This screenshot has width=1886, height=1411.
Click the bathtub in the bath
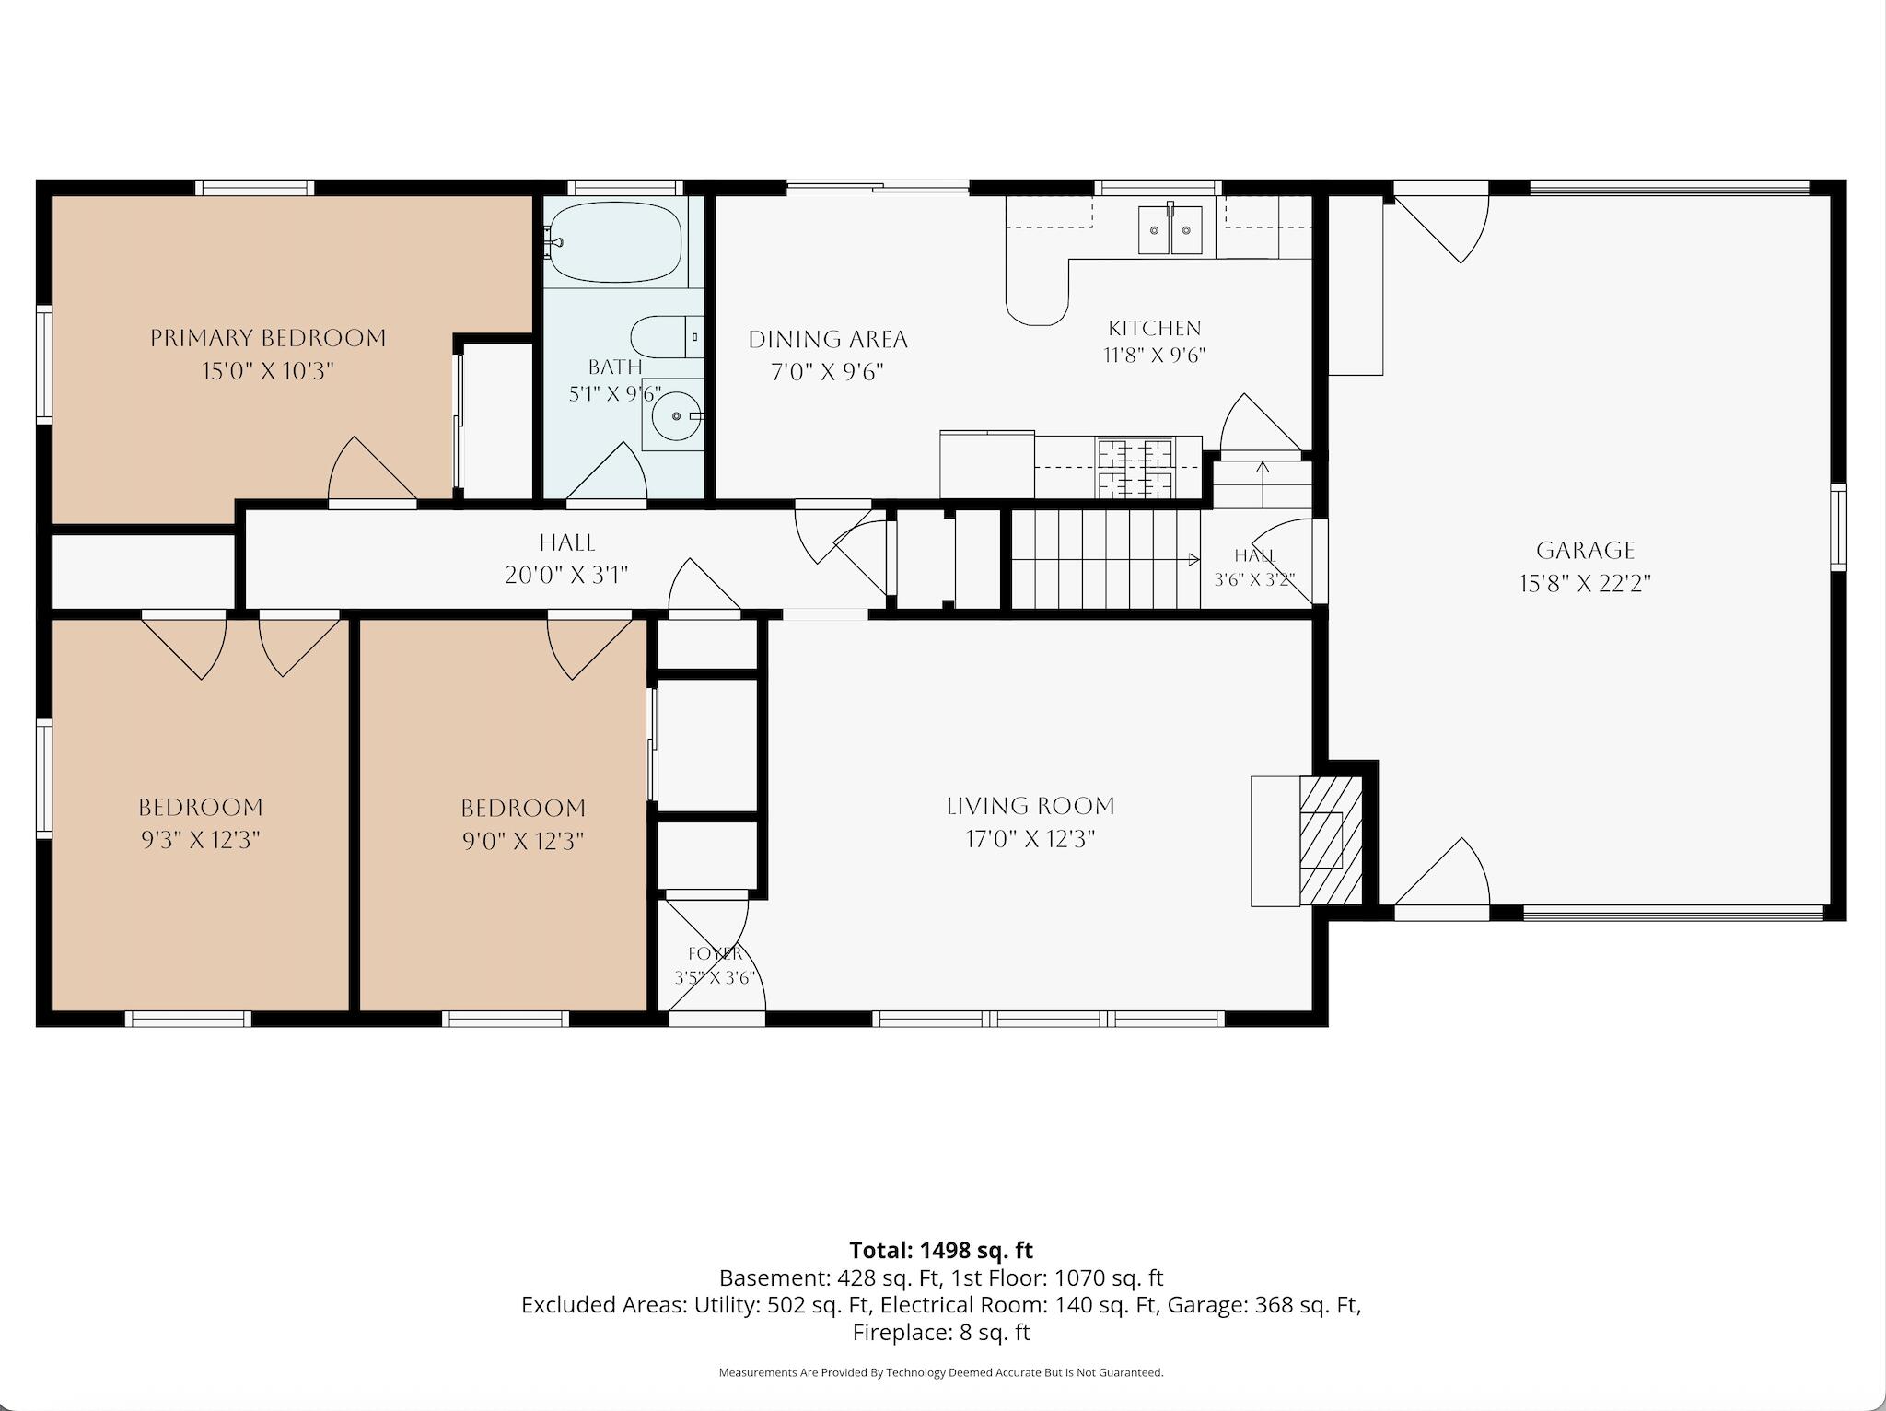pyautogui.click(x=614, y=243)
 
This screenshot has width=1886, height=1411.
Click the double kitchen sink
pyautogui.click(x=1170, y=229)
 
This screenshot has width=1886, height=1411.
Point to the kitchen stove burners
pyautogui.click(x=1135, y=468)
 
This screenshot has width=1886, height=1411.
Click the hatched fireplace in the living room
pyautogui.click(x=1330, y=840)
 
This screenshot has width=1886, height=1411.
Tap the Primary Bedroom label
pyautogui.click(x=268, y=338)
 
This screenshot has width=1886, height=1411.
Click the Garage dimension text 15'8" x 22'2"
pyautogui.click(x=1585, y=583)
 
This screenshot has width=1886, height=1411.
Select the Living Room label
pyautogui.click(x=1030, y=806)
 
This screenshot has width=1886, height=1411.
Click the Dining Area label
pyautogui.click(x=828, y=340)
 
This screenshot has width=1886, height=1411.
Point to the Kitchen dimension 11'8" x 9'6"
pyautogui.click(x=1155, y=355)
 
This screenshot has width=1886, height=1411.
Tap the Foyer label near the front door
pyautogui.click(x=715, y=953)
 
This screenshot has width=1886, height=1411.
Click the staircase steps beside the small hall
pyautogui.click(x=1106, y=558)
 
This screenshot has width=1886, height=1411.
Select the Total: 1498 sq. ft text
pyautogui.click(x=941, y=1250)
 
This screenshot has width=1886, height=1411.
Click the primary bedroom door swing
pyautogui.click(x=372, y=470)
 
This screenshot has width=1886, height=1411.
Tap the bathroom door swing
pyautogui.click(x=605, y=473)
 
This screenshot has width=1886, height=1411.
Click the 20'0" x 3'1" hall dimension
pyautogui.click(x=566, y=576)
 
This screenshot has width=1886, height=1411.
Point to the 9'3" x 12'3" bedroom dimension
pyautogui.click(x=200, y=840)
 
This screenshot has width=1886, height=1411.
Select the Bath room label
pyautogui.click(x=614, y=367)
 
